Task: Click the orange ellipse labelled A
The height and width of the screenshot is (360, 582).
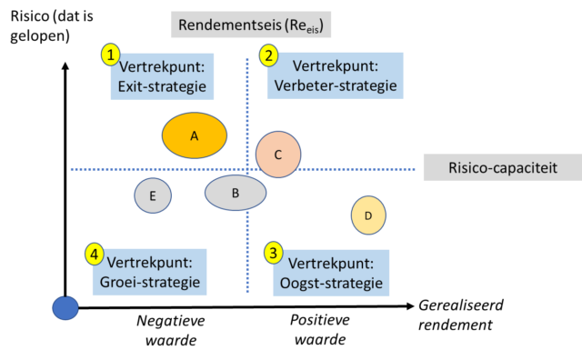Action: coord(195,135)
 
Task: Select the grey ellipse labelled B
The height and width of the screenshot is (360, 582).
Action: coord(236,193)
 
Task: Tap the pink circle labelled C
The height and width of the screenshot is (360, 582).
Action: coord(278,155)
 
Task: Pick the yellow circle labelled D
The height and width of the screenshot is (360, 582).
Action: coord(368,215)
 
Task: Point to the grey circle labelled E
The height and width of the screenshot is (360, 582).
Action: coord(153,195)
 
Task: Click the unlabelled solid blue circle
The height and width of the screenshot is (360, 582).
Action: coord(65,308)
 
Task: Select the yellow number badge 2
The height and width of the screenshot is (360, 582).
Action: coord(268,55)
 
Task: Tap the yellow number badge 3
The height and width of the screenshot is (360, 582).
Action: coord(274,253)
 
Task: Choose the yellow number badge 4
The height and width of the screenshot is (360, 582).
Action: coord(95,254)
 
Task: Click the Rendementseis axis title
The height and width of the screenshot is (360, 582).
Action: coord(250,25)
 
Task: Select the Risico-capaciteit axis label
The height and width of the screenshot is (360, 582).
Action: coord(502,167)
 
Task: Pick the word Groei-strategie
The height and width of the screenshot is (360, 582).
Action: coord(148,282)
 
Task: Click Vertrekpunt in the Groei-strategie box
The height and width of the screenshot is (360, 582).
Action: coord(150,262)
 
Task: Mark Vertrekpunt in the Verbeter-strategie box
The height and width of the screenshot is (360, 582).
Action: coord(333,67)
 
